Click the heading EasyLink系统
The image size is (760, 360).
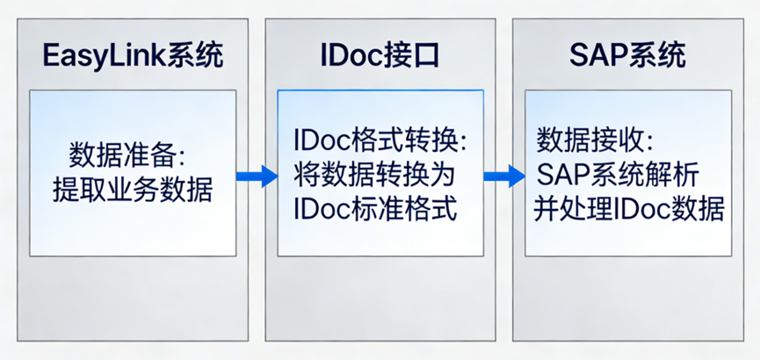click(133, 57)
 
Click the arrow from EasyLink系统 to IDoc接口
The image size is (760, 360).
click(256, 176)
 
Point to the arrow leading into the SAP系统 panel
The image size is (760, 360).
click(503, 176)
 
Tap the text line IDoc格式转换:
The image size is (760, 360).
click(380, 141)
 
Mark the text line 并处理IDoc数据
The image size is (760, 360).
click(629, 209)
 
